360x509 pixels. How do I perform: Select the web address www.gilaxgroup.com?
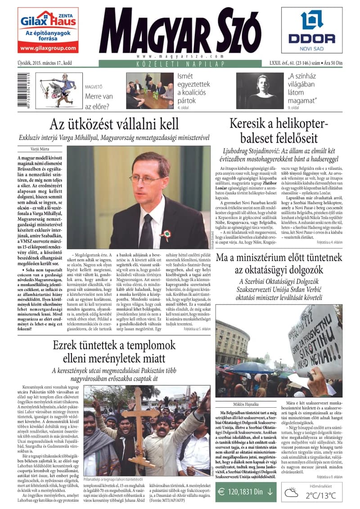[48, 48]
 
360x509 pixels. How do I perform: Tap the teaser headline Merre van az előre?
[99, 101]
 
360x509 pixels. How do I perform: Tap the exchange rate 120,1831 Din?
[246, 492]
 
